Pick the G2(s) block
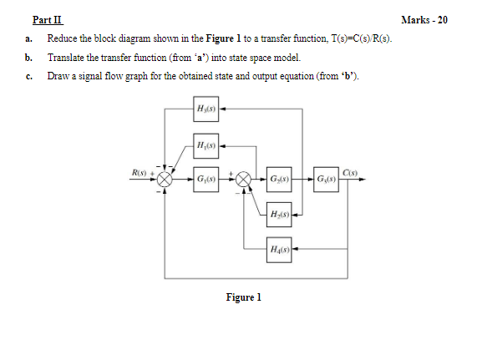pyautogui.click(x=280, y=180)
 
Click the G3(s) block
pyautogui.click(x=327, y=180)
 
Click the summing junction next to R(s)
pyautogui.click(x=166, y=179)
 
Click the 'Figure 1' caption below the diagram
pyautogui.click(x=244, y=297)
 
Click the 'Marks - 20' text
pyautogui.click(x=447, y=20)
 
